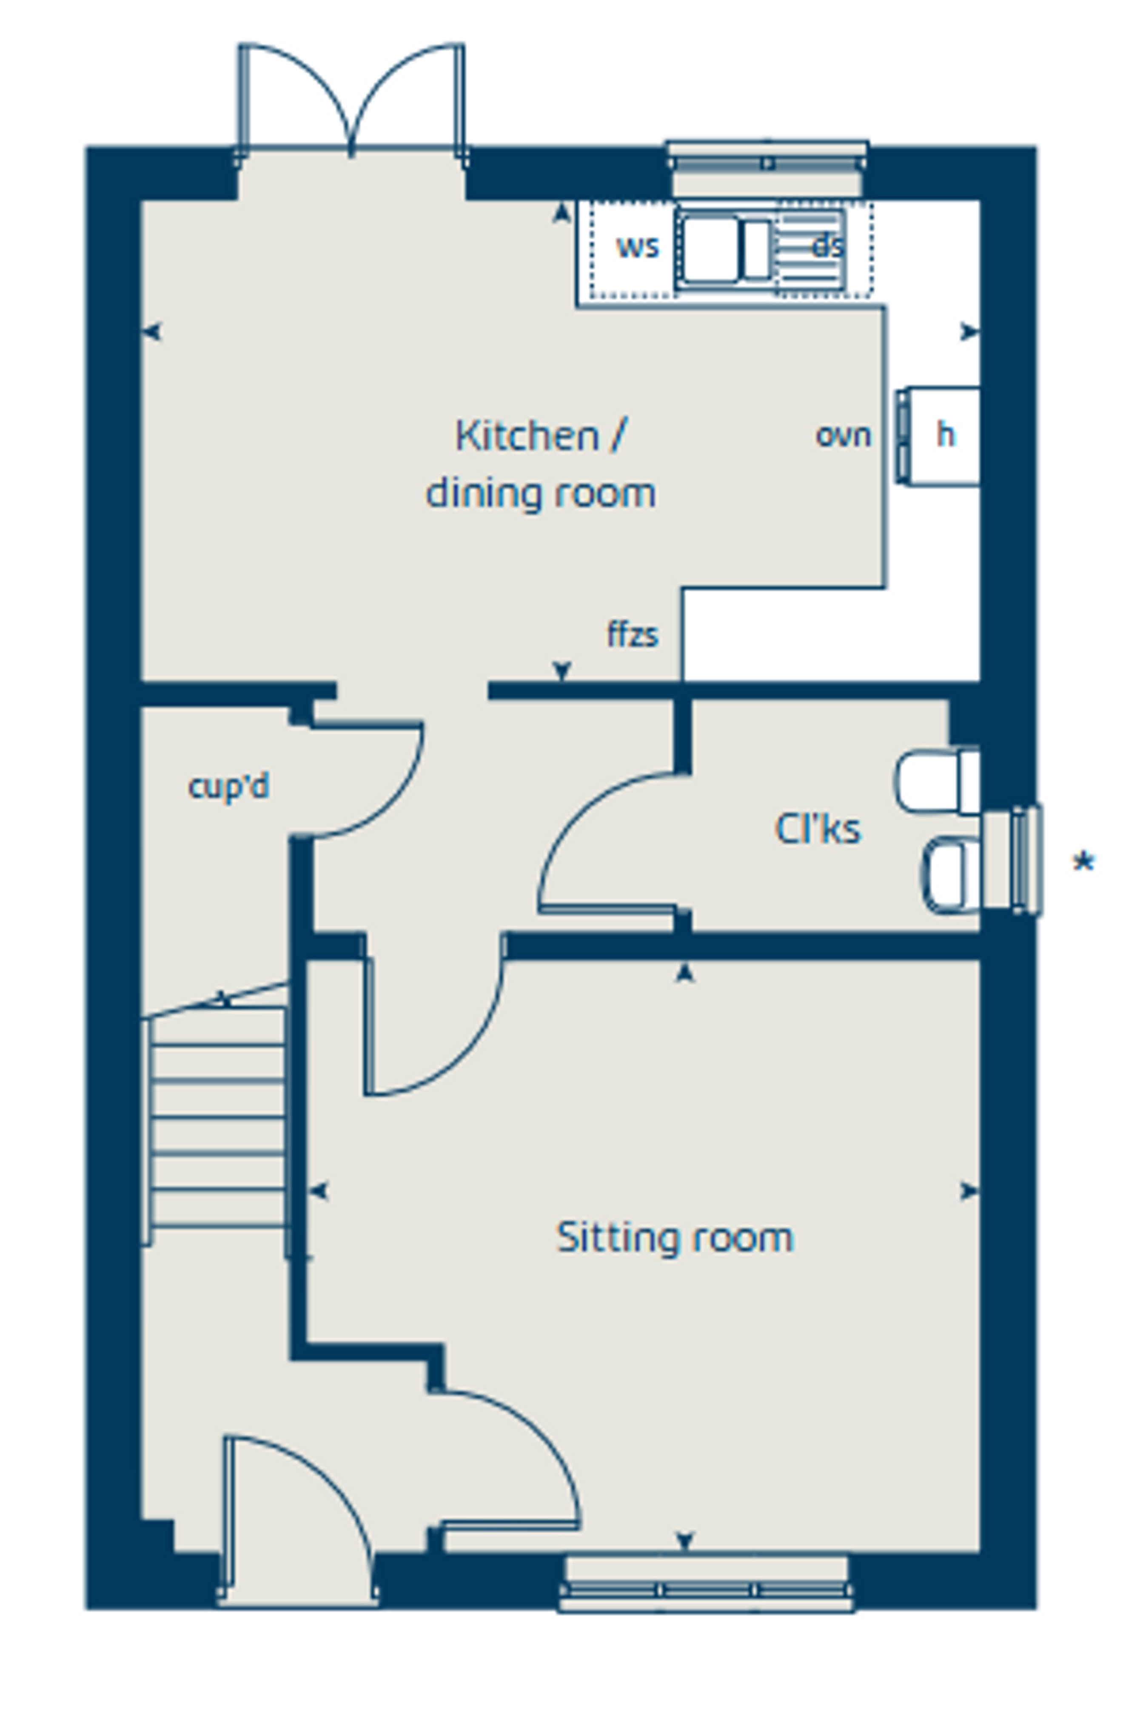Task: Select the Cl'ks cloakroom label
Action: coord(818,829)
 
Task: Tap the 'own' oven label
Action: coord(844,436)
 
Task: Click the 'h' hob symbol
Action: coord(945,435)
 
